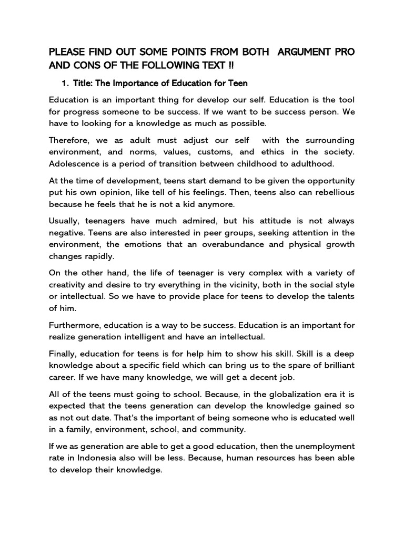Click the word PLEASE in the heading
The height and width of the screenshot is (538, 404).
(x=67, y=53)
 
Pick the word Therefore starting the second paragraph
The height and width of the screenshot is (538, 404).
(x=68, y=140)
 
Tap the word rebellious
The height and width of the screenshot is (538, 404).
(x=331, y=192)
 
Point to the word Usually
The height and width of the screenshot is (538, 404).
(x=64, y=221)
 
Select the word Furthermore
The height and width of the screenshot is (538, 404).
(x=73, y=324)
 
